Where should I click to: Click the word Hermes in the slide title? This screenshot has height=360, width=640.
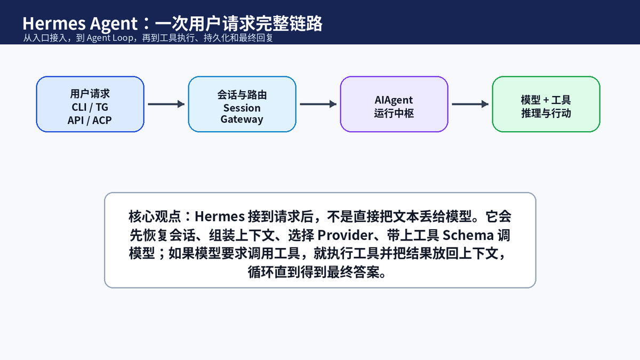tap(54, 23)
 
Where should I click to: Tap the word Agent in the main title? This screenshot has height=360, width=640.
tap(114, 24)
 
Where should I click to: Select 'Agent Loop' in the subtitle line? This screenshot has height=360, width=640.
tap(110, 38)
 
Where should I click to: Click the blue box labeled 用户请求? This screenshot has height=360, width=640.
tap(90, 104)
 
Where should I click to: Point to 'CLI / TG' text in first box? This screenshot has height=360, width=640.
tap(90, 107)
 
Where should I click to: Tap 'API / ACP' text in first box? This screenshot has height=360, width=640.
tap(90, 121)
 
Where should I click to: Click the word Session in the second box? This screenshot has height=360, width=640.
tap(242, 108)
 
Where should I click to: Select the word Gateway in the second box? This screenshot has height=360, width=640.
tap(242, 119)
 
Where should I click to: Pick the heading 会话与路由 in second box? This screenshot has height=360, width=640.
tap(242, 95)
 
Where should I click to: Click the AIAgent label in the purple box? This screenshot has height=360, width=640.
tap(394, 100)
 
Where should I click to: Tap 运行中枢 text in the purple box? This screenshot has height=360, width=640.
tap(394, 114)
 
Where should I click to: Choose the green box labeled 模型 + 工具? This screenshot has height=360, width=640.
tap(546, 104)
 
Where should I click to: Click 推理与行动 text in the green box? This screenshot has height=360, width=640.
tap(546, 114)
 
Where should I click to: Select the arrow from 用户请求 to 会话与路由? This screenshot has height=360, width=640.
tap(166, 104)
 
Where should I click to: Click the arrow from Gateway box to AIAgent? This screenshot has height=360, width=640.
tap(318, 104)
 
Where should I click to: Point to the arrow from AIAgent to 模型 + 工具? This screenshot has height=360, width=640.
tap(470, 104)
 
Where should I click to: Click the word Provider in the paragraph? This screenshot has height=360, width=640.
tap(346, 235)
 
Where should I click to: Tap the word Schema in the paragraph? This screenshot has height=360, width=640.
tap(468, 235)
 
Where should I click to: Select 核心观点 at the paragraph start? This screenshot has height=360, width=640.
tap(155, 217)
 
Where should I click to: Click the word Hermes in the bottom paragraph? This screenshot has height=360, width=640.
tap(219, 217)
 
